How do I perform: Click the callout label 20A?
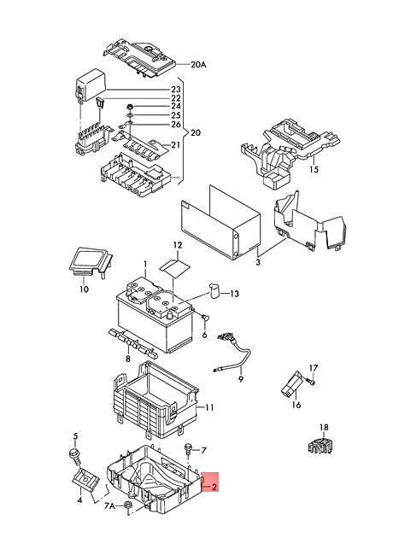[198, 64]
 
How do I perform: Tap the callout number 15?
[314, 169]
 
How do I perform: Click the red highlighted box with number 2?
[210, 482]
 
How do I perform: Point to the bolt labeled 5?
[75, 457]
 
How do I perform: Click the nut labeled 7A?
[128, 505]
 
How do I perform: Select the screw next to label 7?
[188, 449]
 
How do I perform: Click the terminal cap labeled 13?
[214, 291]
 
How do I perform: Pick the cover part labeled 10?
[90, 261]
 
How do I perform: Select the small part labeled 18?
[320, 446]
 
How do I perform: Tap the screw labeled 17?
[311, 382]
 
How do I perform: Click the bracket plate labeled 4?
[86, 479]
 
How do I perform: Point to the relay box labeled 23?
[91, 85]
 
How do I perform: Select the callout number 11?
[209, 408]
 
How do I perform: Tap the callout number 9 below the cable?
[240, 379]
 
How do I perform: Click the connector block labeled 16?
[292, 385]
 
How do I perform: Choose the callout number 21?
[176, 145]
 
